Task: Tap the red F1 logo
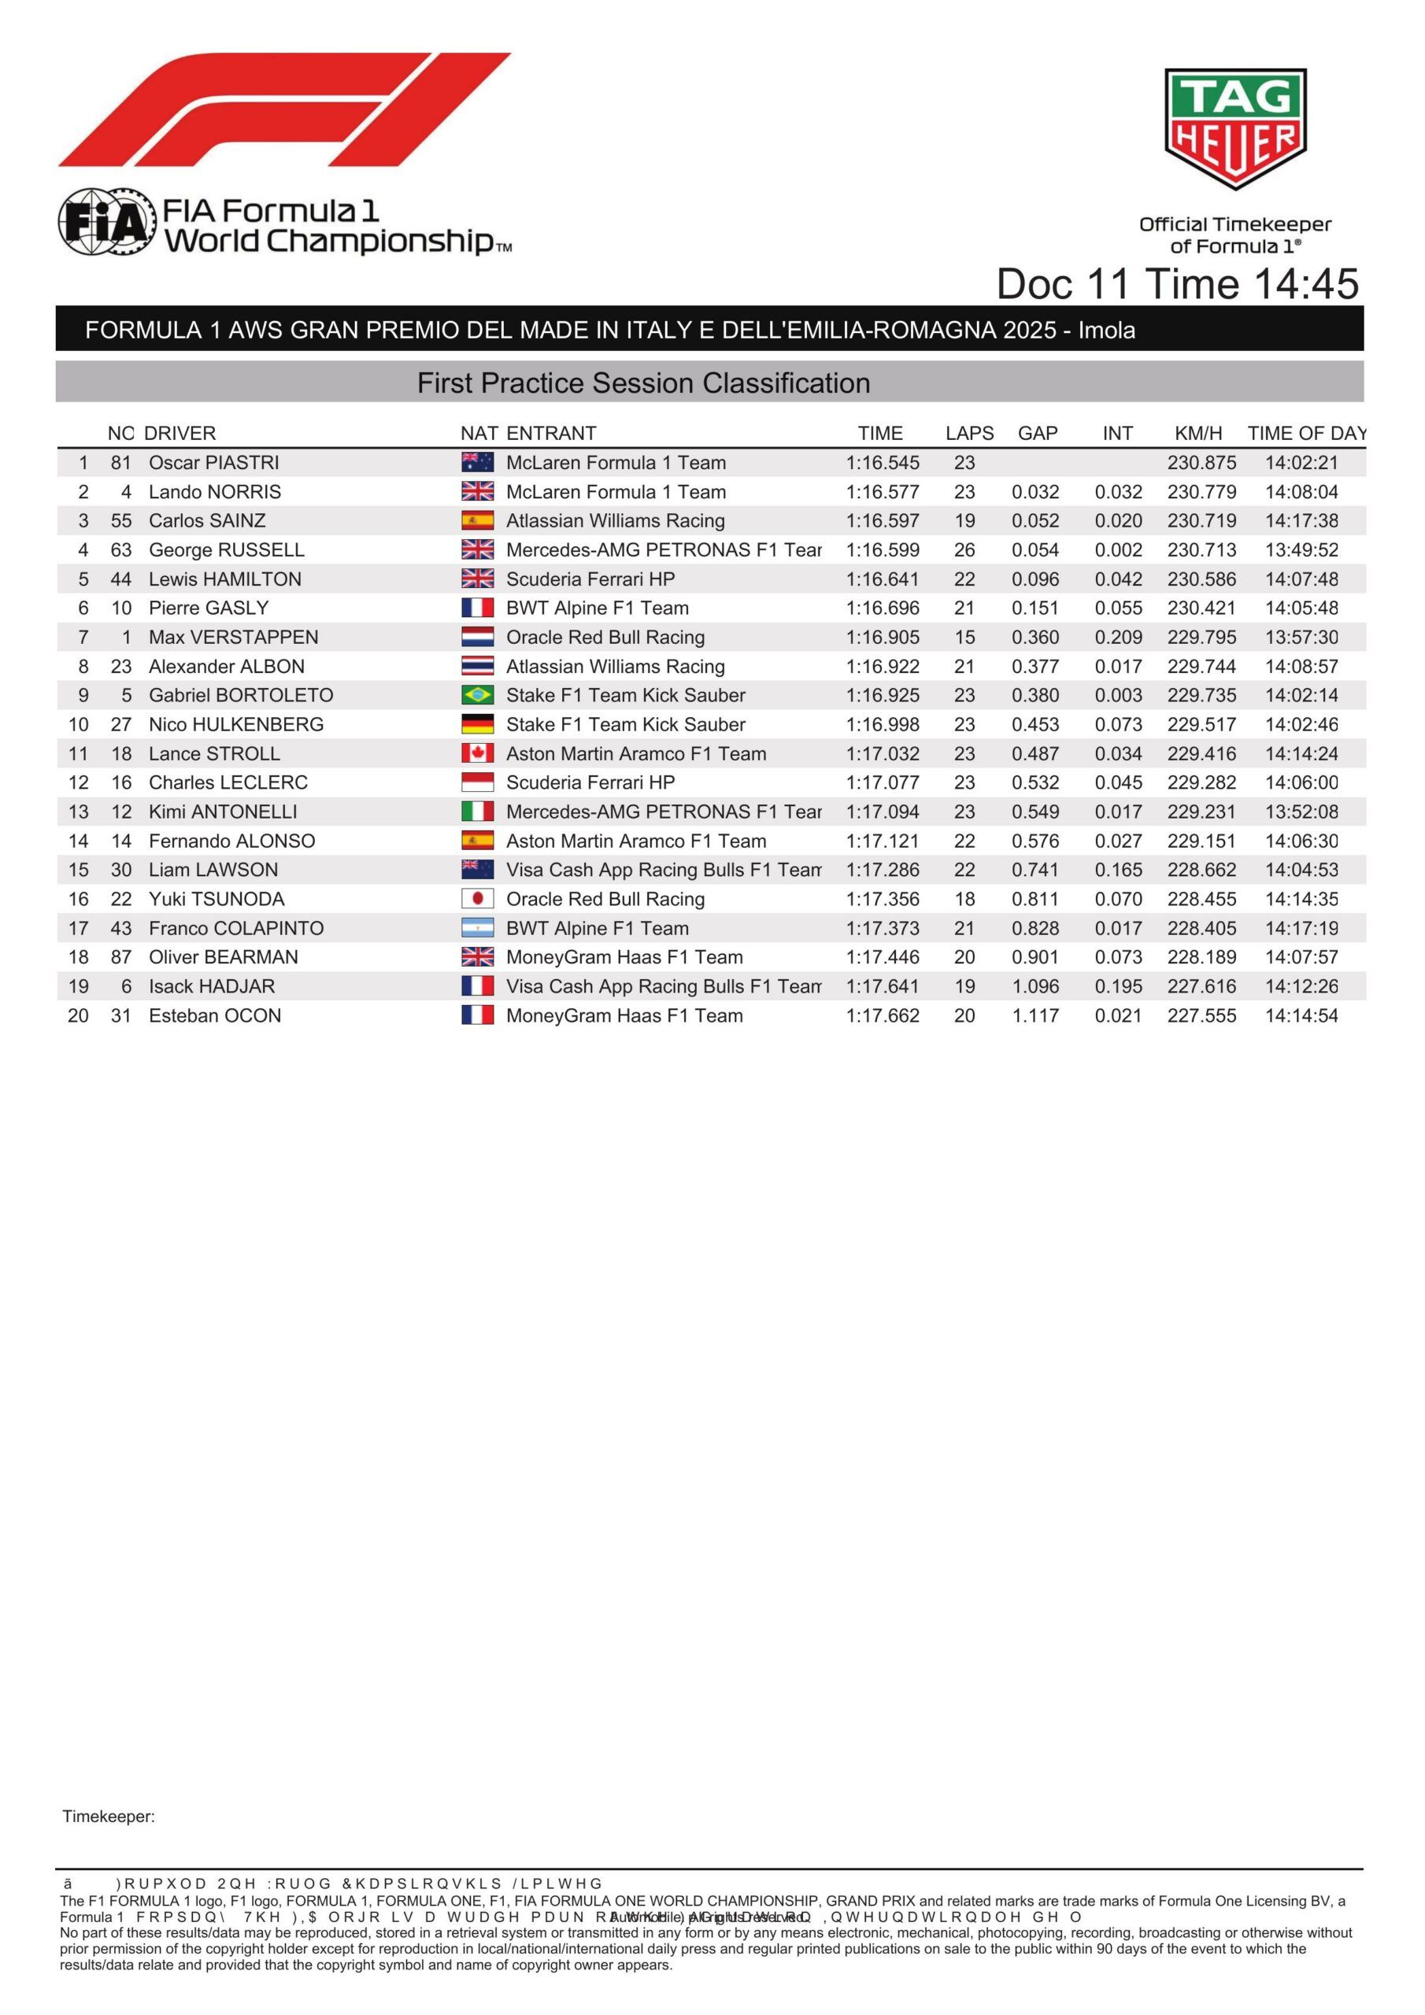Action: tap(284, 109)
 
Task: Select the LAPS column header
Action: tap(968, 434)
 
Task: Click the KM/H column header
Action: tap(1197, 434)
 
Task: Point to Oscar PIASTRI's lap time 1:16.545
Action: tap(883, 463)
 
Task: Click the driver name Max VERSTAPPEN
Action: tap(234, 637)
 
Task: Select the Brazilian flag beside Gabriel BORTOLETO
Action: tap(477, 695)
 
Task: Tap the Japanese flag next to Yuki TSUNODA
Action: tap(477, 899)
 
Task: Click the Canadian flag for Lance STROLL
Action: tap(477, 753)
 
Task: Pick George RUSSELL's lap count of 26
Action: tap(964, 550)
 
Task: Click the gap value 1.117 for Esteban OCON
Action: tap(1035, 1015)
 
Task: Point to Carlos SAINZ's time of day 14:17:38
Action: tap(1301, 520)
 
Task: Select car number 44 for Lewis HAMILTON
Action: tap(121, 579)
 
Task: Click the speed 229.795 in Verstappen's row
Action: tap(1201, 637)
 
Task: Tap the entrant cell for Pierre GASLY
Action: tap(597, 608)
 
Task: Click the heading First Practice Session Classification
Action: tap(643, 383)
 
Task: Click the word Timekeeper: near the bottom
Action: tap(109, 1817)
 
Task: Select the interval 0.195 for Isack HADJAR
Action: tap(1118, 986)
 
